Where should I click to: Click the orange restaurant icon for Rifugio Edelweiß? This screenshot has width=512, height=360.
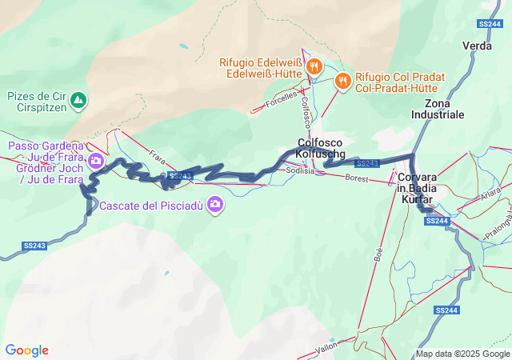(x=315, y=66)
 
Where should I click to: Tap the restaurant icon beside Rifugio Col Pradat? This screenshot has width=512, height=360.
(x=342, y=79)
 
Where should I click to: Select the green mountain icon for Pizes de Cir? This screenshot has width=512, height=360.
(x=78, y=101)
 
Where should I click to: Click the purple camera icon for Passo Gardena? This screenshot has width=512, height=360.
(x=97, y=161)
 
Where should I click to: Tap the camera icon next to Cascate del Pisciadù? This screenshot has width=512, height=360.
(x=214, y=206)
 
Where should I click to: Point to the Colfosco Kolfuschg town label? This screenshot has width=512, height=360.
(x=320, y=147)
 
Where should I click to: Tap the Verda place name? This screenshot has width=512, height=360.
(x=478, y=46)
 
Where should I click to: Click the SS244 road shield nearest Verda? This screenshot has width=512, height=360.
(x=489, y=24)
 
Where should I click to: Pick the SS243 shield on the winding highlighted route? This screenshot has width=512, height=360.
(x=181, y=176)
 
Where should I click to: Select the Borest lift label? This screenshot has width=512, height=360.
(x=357, y=178)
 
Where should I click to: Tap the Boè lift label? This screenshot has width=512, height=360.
(x=378, y=254)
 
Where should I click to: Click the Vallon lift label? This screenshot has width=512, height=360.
(x=326, y=348)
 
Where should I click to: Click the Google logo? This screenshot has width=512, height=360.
(x=27, y=350)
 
